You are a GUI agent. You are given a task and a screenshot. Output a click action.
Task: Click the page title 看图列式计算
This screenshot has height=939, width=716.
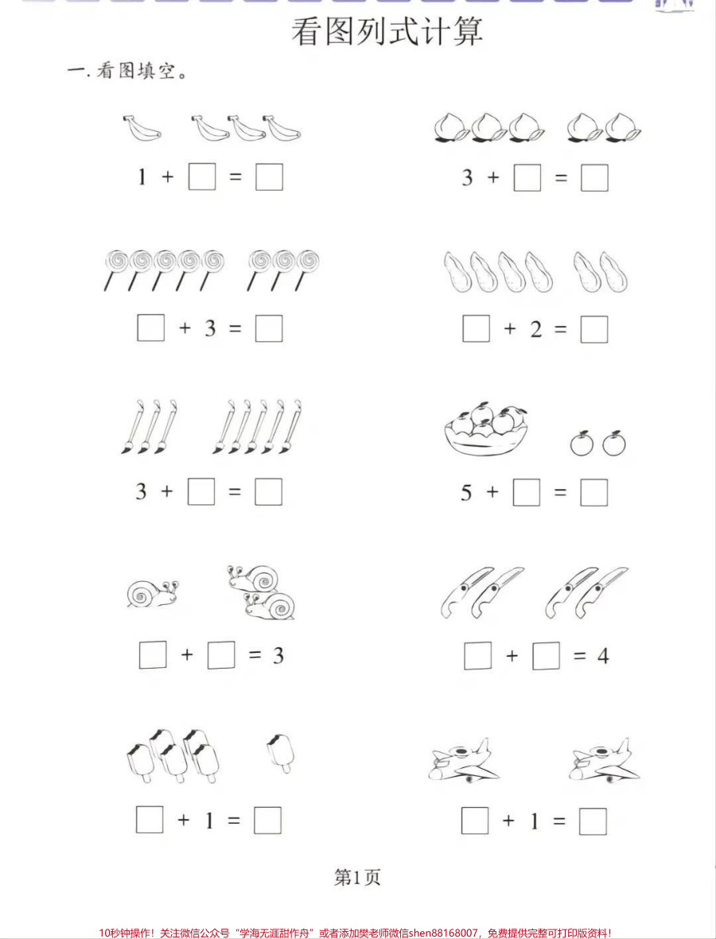tap(387, 33)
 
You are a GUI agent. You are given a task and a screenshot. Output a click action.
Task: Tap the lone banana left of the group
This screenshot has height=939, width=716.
tap(142, 128)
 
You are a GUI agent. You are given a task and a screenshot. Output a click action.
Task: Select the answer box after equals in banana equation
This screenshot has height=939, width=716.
tap(269, 177)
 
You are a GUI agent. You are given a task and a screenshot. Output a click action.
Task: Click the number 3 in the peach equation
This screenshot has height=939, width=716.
tap(467, 177)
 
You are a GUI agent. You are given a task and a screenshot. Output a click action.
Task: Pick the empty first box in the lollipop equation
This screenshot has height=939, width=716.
tap(150, 328)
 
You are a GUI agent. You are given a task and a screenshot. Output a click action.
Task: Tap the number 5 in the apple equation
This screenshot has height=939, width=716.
tap(466, 493)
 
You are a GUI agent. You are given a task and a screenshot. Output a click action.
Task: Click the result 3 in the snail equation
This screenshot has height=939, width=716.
tap(278, 655)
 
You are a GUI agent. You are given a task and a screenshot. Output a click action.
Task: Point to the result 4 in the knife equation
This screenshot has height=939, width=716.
tap(602, 656)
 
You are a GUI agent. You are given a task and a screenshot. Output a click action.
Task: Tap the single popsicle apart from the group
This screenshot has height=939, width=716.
tap(280, 751)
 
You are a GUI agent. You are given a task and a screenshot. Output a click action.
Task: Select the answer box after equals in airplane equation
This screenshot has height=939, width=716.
tap(593, 821)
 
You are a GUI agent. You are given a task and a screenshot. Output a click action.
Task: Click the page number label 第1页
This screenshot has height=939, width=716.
tap(357, 877)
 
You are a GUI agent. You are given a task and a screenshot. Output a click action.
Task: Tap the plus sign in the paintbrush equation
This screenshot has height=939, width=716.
tap(166, 492)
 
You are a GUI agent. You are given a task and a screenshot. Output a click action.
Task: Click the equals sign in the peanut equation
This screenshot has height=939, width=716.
tap(562, 329)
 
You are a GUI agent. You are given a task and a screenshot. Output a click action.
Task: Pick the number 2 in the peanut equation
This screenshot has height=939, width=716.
tap(535, 329)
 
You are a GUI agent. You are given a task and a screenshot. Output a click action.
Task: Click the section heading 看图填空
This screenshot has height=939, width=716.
tap(127, 72)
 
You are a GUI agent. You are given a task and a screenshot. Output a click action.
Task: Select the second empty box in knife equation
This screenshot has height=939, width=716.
tap(546, 656)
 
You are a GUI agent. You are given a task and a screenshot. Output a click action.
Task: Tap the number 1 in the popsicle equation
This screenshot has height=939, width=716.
tap(209, 821)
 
